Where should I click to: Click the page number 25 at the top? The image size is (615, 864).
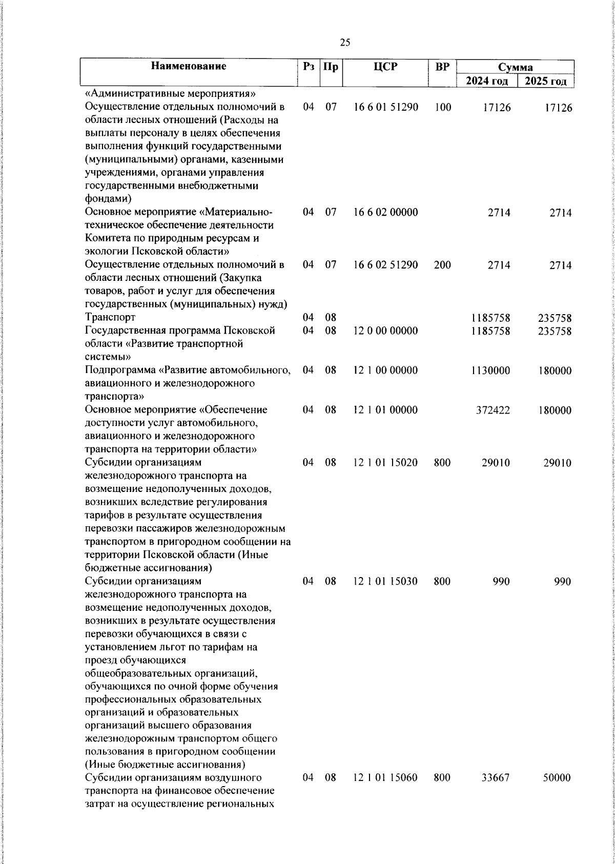pos(345,43)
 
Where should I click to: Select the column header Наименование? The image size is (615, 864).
pos(189,66)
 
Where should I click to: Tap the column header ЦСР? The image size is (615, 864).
pos(385,66)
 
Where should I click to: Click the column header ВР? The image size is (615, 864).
pos(442,66)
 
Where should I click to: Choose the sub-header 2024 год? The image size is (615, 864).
pos(487,81)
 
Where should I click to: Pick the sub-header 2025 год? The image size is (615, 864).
pos(545,81)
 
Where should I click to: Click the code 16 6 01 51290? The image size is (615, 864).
pos(385,108)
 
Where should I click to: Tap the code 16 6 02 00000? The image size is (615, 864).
pos(385,213)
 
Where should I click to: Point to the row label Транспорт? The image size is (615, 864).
pos(110,318)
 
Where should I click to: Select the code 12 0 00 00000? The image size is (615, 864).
pos(385,331)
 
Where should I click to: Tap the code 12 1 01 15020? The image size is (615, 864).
pos(385,463)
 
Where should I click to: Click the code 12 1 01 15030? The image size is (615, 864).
pos(385,581)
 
